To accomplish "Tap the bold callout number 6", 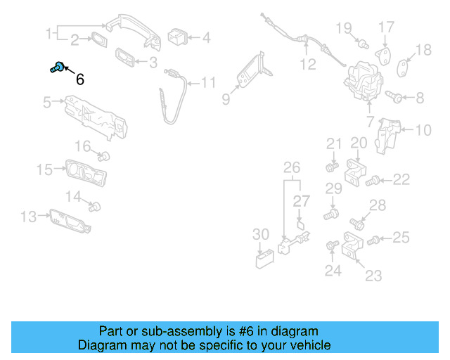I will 79,79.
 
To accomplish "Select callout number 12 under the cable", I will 308,65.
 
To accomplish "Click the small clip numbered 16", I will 104,155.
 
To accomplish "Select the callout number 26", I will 291,167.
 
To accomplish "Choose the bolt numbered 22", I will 375,181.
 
